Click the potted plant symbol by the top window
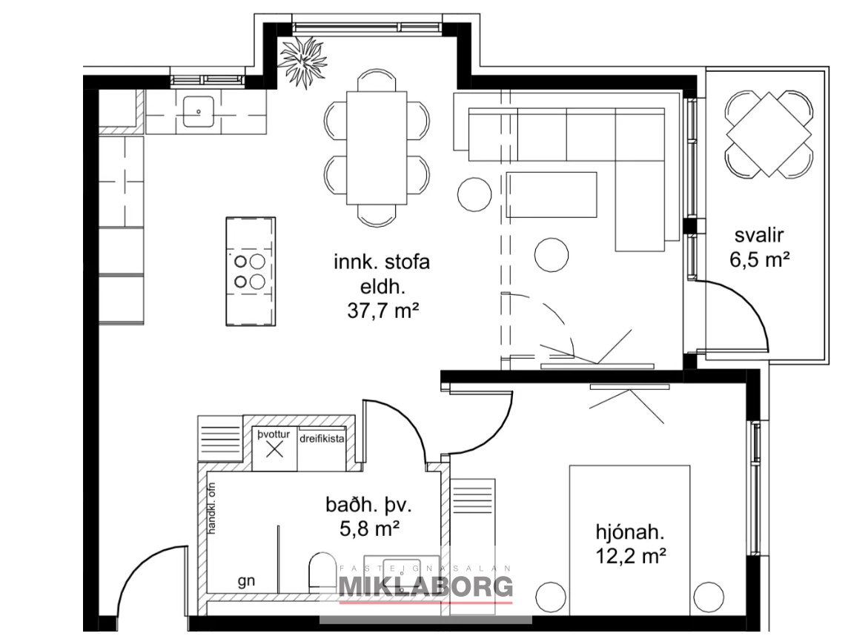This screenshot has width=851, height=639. (x=302, y=62)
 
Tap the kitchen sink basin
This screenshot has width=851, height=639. (x=198, y=111)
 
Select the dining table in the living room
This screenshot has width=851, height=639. (x=377, y=148)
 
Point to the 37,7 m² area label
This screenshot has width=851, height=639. (x=383, y=311)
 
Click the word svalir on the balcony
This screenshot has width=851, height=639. (x=759, y=235)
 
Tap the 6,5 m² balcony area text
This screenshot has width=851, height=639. (x=759, y=259)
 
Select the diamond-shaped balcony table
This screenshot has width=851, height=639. (x=769, y=134)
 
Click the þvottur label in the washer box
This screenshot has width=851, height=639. (x=274, y=434)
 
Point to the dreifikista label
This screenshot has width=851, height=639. (x=322, y=438)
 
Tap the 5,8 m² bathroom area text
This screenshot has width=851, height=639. (x=370, y=528)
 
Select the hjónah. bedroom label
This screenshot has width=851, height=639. (x=630, y=532)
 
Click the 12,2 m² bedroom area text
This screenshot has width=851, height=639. (x=631, y=555)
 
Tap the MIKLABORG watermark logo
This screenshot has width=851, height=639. (x=426, y=586)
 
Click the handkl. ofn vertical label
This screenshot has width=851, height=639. (x=212, y=508)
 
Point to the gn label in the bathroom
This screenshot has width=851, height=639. (x=246, y=581)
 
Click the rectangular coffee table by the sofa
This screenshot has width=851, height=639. (x=552, y=195)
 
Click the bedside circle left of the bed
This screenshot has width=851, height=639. (x=551, y=597)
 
